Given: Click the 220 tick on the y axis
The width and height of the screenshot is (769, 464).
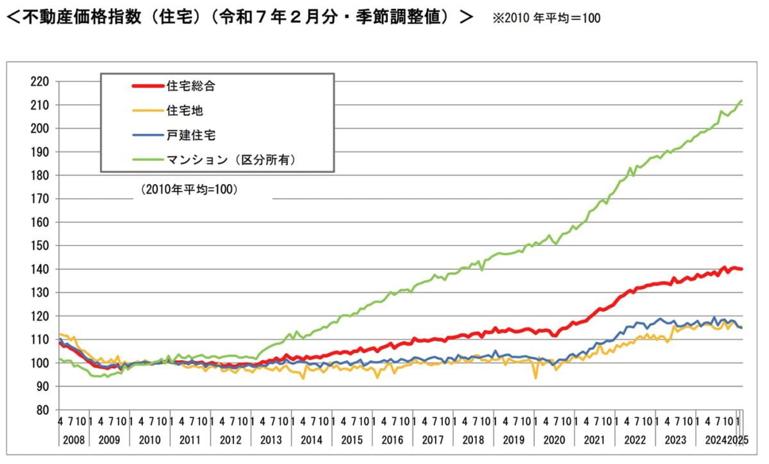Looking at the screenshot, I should pyautogui.click(x=40, y=81).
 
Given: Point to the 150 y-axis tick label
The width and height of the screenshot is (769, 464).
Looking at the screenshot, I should pyautogui.click(x=40, y=245).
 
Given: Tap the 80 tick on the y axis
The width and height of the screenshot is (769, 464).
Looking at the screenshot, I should pyautogui.click(x=42, y=410).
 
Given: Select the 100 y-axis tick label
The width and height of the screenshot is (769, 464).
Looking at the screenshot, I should pyautogui.click(x=40, y=363).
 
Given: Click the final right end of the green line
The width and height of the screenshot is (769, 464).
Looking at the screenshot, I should pyautogui.click(x=741, y=101).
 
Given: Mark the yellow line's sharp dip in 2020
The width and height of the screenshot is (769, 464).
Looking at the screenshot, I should pyautogui.click(x=536, y=378).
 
